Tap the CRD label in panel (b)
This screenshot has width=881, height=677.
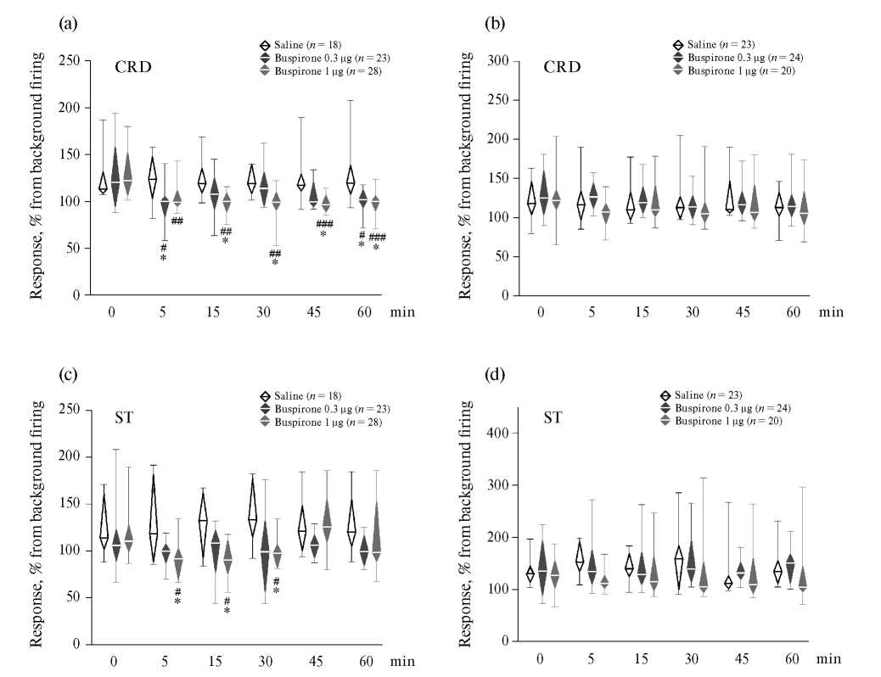click(x=562, y=67)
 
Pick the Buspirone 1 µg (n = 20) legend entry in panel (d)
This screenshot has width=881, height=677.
click(x=727, y=421)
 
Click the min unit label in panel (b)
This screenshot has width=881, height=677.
click(x=831, y=312)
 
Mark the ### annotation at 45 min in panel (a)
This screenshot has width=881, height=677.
click(x=324, y=224)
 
